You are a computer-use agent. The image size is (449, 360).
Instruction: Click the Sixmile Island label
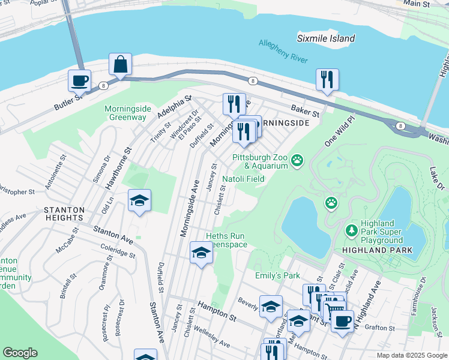coord(326,38)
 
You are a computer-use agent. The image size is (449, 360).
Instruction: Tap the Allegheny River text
coord(283,52)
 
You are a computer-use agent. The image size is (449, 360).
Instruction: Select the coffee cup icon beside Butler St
coord(79,80)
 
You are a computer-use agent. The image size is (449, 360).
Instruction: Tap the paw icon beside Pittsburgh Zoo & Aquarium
coord(297,160)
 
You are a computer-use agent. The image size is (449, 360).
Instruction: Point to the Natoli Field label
coord(244,179)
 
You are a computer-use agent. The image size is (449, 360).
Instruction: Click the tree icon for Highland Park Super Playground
coord(352,230)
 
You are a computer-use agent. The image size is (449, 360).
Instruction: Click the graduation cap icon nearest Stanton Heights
coord(139,201)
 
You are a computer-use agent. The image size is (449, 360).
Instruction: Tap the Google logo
coord(20,353)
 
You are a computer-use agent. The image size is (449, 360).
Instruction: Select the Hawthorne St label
coord(118,169)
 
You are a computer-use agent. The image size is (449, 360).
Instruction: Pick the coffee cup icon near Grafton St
coord(342,321)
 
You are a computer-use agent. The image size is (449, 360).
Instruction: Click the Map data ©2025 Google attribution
coord(412,355)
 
